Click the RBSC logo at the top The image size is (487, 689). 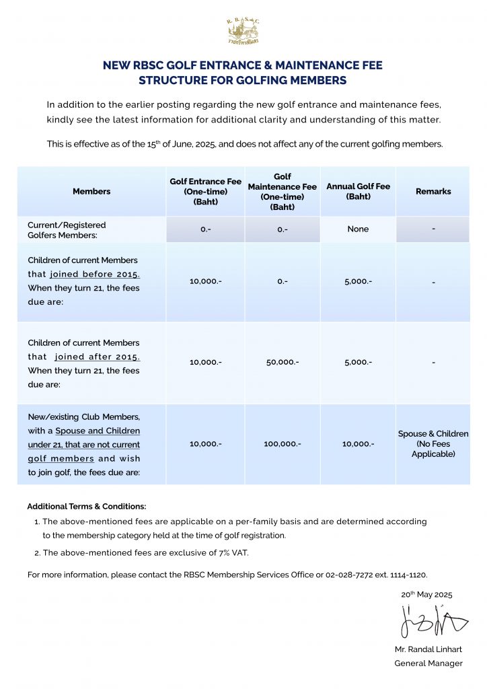pos(243,31)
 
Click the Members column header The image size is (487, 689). pos(91,192)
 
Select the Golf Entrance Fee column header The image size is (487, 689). pos(205,191)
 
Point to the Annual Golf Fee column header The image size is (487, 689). pos(358,191)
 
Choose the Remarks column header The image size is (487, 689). pos(433,192)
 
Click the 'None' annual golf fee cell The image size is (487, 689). pos(358,229)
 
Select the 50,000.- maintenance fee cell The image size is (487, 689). pos(282,362)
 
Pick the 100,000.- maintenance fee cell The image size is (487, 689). pos(282,444)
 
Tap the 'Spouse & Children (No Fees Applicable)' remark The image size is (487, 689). pos(433,444)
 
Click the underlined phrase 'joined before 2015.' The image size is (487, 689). pos(95,275)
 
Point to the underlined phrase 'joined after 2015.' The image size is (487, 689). pos(98,357)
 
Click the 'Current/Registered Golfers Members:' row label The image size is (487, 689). pos(67,229)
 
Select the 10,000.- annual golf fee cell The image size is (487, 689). pos(358,444)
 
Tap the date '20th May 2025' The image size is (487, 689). pos(426,595)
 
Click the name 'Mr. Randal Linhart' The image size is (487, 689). pos(428,650)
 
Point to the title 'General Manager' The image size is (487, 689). pos(428,663)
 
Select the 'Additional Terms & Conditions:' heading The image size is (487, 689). pos(86,506)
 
